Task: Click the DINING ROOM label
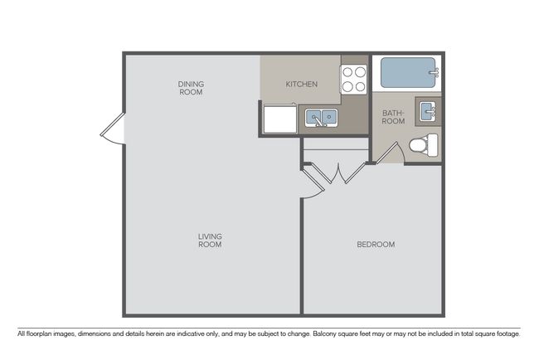[191, 88]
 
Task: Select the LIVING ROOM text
[210, 241]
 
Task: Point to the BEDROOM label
[375, 245]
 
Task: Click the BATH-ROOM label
[393, 117]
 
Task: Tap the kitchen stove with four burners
[353, 79]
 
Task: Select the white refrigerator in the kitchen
[280, 119]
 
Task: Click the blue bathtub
[406, 74]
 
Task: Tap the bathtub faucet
[433, 74]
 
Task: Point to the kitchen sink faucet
[322, 124]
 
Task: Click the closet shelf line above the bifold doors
[335, 150]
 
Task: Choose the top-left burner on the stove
[348, 72]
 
